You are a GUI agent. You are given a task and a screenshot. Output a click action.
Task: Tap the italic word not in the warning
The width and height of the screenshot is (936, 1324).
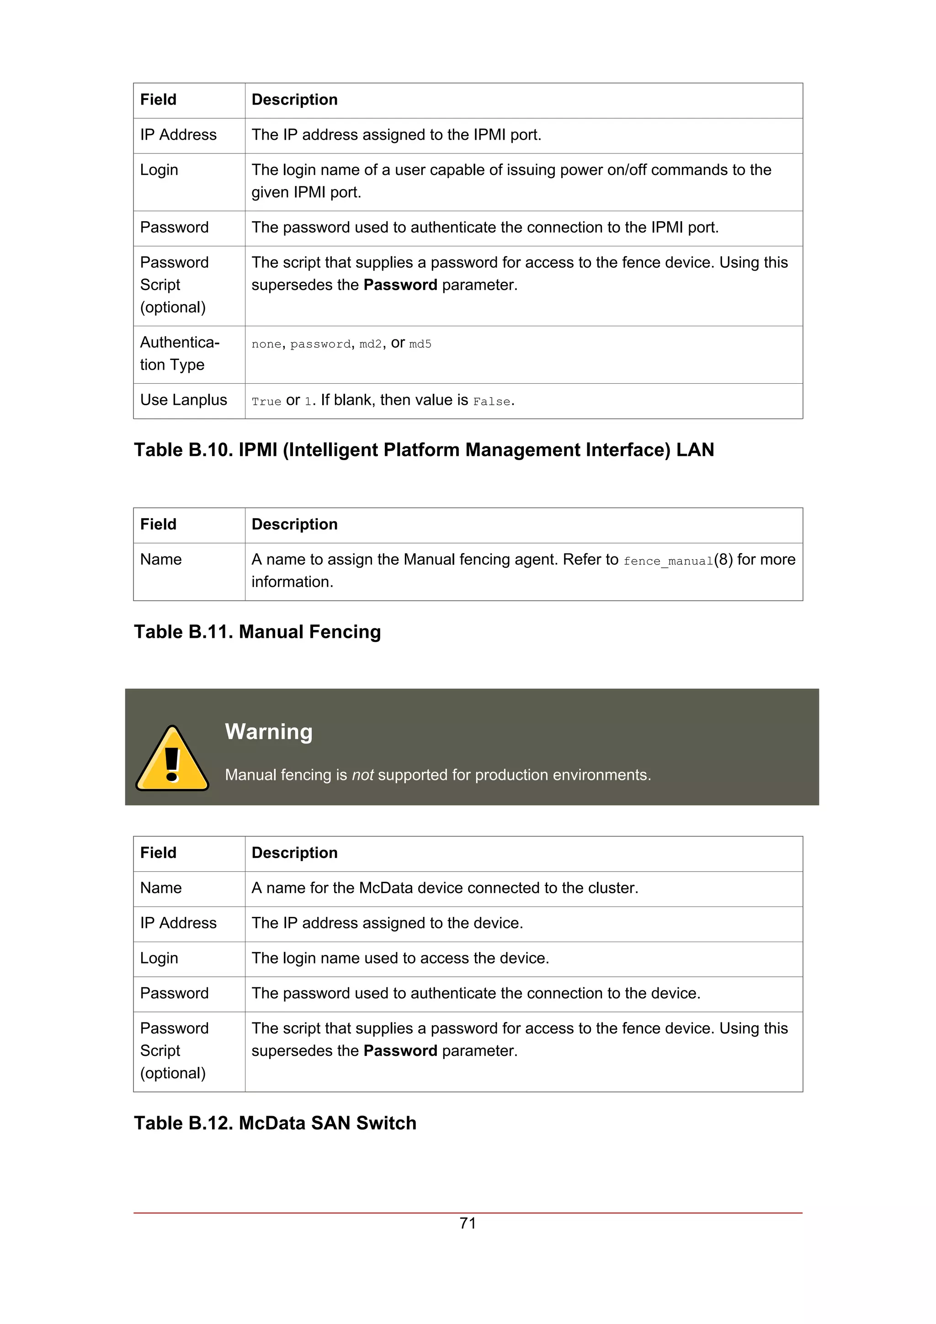click(363, 774)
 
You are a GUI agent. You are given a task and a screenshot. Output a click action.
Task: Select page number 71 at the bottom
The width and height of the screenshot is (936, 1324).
click(468, 1223)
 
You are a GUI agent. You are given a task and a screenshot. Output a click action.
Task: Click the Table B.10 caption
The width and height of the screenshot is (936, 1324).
click(424, 450)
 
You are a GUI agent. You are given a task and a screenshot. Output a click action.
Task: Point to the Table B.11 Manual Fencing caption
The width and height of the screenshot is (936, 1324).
click(257, 632)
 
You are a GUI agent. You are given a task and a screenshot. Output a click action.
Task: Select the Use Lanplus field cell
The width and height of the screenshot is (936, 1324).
click(183, 400)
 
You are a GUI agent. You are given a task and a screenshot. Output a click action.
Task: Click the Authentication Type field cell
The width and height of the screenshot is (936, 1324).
click(179, 354)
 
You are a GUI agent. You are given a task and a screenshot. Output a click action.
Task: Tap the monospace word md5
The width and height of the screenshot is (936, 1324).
click(420, 344)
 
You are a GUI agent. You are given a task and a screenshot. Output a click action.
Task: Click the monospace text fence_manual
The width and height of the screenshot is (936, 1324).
click(668, 561)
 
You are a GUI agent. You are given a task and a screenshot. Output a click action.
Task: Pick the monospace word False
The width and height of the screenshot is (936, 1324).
click(491, 401)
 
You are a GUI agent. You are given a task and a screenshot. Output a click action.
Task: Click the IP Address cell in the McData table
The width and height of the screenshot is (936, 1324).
click(178, 923)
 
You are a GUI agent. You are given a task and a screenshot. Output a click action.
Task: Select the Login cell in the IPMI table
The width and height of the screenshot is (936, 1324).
click(159, 170)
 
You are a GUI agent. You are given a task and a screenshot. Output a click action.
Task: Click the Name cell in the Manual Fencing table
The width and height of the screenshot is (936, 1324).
click(161, 559)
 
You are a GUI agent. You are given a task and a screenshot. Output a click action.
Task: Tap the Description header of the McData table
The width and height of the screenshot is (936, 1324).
click(294, 853)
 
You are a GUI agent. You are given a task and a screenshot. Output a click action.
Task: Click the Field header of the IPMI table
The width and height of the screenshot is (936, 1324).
click(158, 100)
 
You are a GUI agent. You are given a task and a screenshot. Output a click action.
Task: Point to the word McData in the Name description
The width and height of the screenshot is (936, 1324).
click(386, 888)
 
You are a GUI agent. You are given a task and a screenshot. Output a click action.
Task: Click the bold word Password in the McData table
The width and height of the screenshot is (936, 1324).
click(400, 1051)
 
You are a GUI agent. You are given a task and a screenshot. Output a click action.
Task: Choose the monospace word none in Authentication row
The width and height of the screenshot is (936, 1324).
click(266, 344)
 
